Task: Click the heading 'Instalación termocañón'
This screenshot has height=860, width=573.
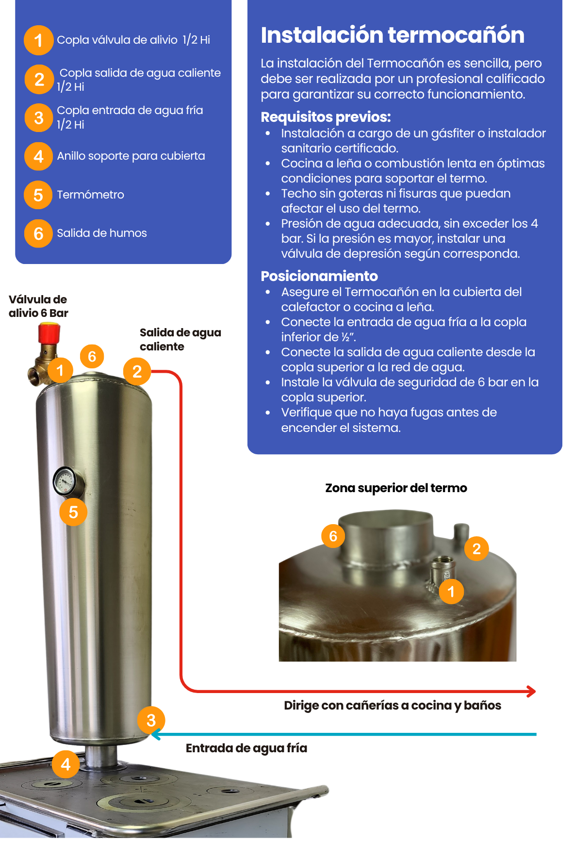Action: (x=393, y=35)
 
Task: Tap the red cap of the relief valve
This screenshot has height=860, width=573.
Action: (x=49, y=333)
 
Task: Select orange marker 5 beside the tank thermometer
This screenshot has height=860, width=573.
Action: (x=73, y=512)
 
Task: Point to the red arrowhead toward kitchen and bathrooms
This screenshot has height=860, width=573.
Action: (x=532, y=691)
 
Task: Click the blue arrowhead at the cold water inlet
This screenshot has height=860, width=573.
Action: (x=155, y=734)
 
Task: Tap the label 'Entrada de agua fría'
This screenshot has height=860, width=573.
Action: (x=246, y=748)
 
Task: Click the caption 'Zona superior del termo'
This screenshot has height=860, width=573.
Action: (x=396, y=488)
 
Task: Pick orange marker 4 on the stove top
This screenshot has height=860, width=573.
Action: (x=66, y=764)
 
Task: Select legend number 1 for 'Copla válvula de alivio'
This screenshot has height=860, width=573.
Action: (x=38, y=40)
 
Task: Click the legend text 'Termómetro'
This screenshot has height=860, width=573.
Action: (x=90, y=195)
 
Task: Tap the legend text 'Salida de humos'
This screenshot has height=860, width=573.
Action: (x=102, y=233)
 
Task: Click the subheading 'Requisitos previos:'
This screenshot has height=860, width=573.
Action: (x=326, y=117)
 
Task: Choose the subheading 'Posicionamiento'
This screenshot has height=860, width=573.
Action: (x=319, y=276)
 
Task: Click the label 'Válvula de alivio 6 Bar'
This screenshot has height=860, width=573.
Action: (x=38, y=306)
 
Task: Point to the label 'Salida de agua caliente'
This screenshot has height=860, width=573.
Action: (x=180, y=339)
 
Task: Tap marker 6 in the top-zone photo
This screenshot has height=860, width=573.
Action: (x=333, y=536)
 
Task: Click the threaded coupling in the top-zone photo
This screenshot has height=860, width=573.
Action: (x=442, y=569)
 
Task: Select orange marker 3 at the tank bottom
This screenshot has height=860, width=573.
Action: (x=151, y=720)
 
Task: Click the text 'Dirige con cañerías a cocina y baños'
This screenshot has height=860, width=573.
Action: (x=393, y=705)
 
